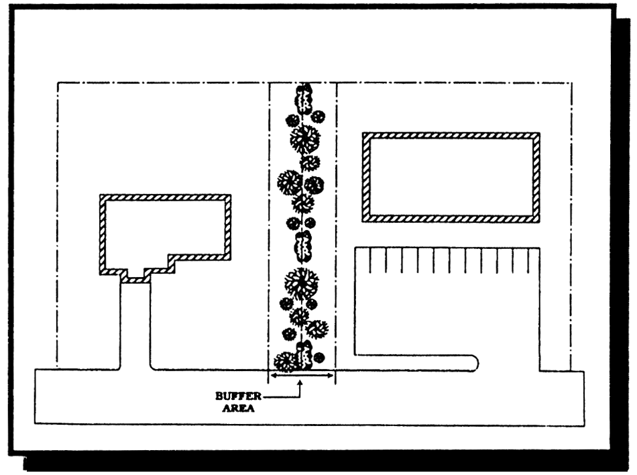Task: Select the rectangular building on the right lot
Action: [x=451, y=177]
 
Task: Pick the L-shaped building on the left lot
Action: [x=164, y=228]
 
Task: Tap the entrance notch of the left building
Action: [x=135, y=276]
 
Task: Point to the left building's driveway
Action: [x=135, y=322]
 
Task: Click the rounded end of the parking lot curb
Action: [x=474, y=362]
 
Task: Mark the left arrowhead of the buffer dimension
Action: [x=272, y=376]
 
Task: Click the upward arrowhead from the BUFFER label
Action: [x=301, y=381]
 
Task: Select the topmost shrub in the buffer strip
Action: [x=305, y=99]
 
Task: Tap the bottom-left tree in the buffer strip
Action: [x=285, y=362]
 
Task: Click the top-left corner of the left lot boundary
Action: [x=58, y=83]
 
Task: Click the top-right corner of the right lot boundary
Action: [x=571, y=83]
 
